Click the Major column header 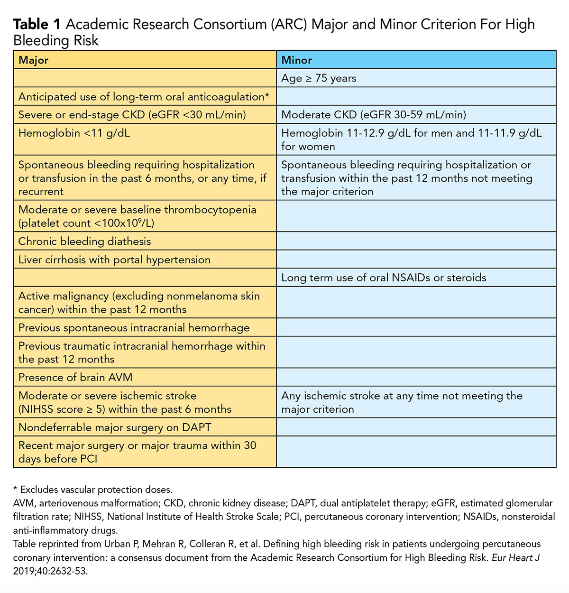[33, 60]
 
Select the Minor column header [296, 60]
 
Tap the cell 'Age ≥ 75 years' [319, 78]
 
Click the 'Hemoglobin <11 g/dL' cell [74, 133]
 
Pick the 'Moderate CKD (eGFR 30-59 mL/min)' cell [374, 115]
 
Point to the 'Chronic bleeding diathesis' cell [84, 241]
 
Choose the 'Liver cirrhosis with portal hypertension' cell [114, 260]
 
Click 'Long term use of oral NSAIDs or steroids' [384, 278]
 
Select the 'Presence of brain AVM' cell [75, 378]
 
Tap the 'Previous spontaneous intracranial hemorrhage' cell [134, 328]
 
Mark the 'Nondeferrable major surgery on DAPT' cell [115, 427]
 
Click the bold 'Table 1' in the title [37, 25]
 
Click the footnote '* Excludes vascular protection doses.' [93, 490]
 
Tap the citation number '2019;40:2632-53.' [51, 571]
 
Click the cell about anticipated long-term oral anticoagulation [144, 97]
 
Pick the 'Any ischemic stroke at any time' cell [402, 402]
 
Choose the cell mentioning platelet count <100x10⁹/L [138, 216]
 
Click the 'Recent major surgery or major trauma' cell [137, 452]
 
